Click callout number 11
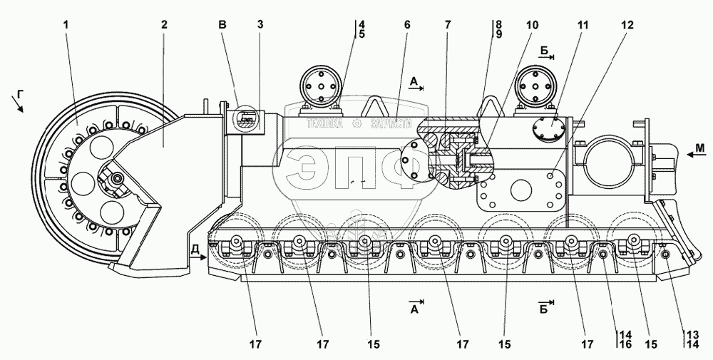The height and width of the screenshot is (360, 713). point(583,25)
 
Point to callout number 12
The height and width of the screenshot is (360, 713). point(625,25)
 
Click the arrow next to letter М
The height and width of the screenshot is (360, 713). point(682,151)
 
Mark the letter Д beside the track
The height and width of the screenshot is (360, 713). point(195,248)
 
